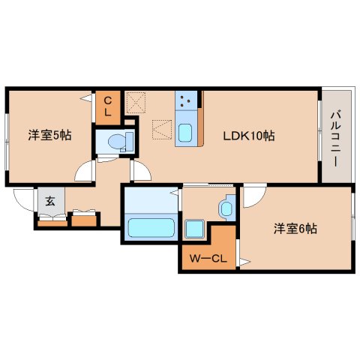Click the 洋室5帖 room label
49,136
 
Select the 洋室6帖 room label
295,229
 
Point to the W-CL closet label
206,259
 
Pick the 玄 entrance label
49,199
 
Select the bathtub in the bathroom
150,226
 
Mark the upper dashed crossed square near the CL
136,100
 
